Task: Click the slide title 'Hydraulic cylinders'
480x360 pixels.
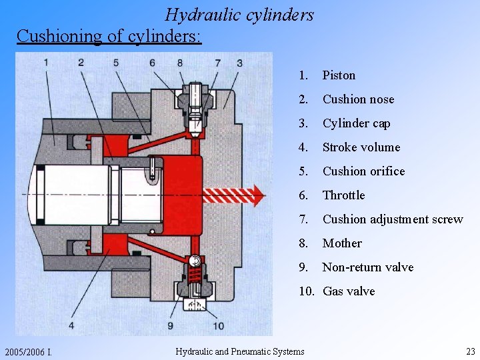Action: [239, 15]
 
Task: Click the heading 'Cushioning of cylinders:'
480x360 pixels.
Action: [109, 35]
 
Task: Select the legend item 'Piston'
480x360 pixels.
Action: [339, 75]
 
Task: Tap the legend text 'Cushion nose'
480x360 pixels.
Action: [358, 99]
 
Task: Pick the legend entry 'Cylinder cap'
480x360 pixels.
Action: [356, 123]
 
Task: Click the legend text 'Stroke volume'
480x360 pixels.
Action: [361, 147]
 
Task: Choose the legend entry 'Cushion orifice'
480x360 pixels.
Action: [363, 171]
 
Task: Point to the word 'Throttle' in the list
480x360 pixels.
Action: [343, 195]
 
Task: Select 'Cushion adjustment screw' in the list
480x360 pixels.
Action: [392, 219]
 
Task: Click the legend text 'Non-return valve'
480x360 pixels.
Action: [367, 267]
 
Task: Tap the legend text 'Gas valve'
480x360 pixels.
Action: [349, 291]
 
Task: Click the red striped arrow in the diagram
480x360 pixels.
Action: [233, 195]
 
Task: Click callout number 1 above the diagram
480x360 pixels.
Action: [46, 63]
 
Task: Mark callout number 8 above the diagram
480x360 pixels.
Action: [180, 63]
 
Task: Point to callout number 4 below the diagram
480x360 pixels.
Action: [71, 325]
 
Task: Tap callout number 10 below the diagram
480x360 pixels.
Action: [218, 325]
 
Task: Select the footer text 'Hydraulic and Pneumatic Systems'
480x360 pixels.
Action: [239, 351]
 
